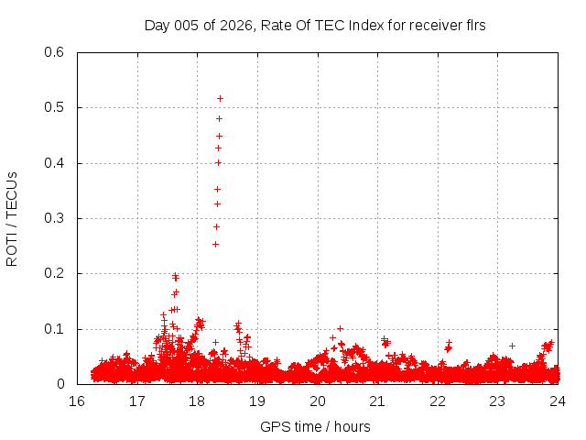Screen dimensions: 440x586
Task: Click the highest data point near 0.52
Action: point(220,98)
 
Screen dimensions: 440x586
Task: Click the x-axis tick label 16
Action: point(77,401)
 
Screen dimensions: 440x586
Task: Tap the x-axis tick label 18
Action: point(197,401)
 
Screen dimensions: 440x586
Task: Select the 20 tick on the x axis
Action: point(317,401)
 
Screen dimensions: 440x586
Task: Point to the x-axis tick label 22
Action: point(438,401)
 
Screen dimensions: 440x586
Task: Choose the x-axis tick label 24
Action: point(558,401)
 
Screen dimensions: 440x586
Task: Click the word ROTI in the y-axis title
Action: point(12,249)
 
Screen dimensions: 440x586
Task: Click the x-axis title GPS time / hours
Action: point(315,426)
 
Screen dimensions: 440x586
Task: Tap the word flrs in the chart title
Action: point(473,25)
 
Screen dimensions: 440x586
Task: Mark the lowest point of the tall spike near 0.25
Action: point(215,244)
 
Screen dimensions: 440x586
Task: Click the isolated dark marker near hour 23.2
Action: point(512,346)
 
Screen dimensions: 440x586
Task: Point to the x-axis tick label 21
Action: point(377,401)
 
